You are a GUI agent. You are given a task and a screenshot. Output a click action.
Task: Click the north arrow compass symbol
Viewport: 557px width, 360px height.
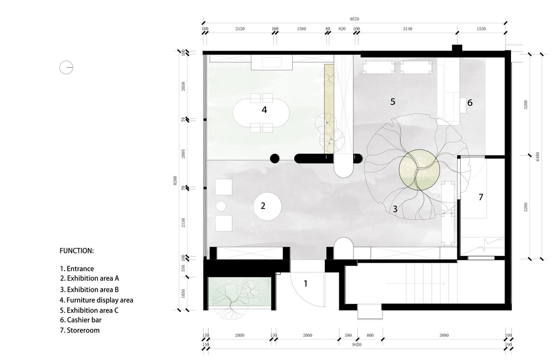pyautogui.click(x=66, y=67)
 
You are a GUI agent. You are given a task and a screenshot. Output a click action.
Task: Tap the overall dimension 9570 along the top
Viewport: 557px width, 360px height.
pyautogui.click(x=354, y=19)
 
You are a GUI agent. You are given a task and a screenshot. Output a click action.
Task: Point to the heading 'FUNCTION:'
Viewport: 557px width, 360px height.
pyautogui.click(x=77, y=250)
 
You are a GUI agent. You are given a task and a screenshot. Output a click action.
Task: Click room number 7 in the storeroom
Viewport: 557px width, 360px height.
pyautogui.click(x=481, y=197)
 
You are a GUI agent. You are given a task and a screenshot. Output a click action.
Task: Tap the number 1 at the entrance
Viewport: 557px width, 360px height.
pyautogui.click(x=305, y=283)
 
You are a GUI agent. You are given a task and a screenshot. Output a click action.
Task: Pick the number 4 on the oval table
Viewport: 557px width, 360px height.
pyautogui.click(x=264, y=110)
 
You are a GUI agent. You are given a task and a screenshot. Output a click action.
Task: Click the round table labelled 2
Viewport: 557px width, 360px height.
pyautogui.click(x=267, y=206)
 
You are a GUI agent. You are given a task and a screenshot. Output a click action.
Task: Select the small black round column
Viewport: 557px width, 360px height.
pyautogui.click(x=274, y=158)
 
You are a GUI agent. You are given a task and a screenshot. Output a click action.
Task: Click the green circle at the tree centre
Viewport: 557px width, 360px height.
pyautogui.click(x=419, y=170)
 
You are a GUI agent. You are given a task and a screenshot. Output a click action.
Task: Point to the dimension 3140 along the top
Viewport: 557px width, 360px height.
pyautogui.click(x=408, y=29)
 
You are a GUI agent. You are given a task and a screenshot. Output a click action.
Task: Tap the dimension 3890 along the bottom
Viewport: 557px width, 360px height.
pyautogui.click(x=444, y=335)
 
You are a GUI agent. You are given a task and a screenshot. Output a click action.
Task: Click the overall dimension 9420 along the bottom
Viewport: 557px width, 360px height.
pyautogui.click(x=357, y=345)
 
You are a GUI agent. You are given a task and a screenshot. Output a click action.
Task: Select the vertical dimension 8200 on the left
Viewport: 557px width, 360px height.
pyautogui.click(x=175, y=181)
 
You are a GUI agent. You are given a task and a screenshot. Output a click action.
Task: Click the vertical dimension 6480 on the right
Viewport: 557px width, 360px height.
pyautogui.click(x=538, y=157)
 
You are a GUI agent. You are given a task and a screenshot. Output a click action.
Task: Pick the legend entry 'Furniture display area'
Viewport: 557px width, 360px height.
pyautogui.click(x=97, y=300)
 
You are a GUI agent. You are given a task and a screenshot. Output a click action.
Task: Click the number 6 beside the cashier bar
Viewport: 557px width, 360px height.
pyautogui.click(x=470, y=103)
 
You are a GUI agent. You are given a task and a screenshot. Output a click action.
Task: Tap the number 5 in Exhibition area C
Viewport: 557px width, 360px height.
pyautogui.click(x=393, y=102)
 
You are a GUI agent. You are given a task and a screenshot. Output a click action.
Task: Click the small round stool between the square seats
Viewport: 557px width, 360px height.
pyautogui.click(x=221, y=206)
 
